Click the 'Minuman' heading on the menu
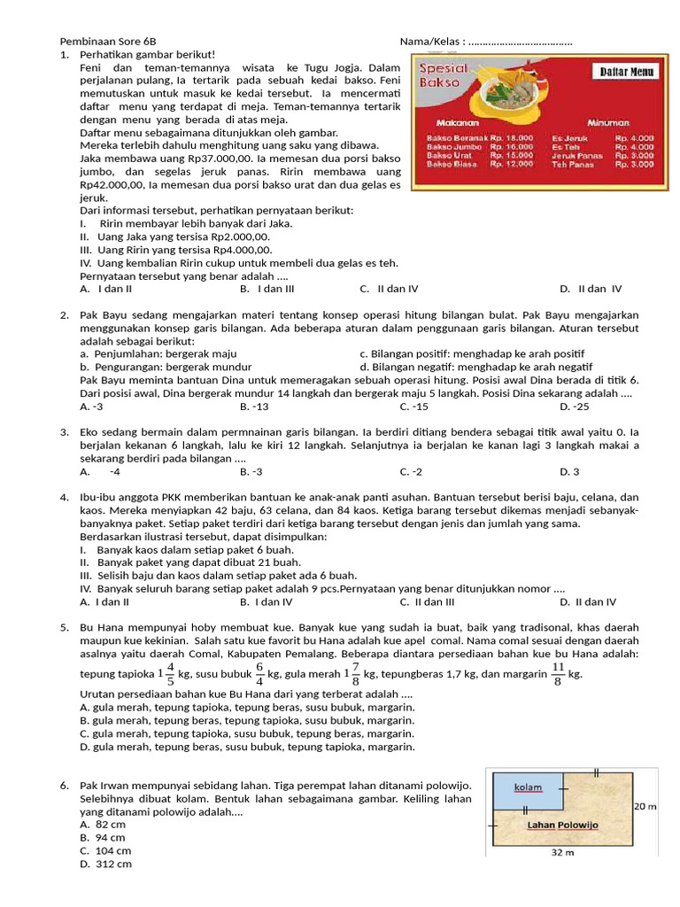[x=607, y=122]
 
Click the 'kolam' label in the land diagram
[x=529, y=787]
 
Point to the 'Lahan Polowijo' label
[x=563, y=825]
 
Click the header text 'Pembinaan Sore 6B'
[x=107, y=42]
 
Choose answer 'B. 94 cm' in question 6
[x=103, y=837]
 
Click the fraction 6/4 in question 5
[x=260, y=673]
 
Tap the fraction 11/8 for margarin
[x=558, y=673]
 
